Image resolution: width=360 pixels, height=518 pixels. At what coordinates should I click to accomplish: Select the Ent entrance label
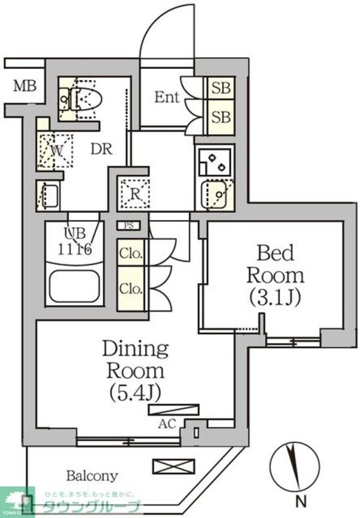tap(167, 97)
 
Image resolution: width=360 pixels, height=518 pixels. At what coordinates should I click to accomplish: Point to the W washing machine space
tap(56, 150)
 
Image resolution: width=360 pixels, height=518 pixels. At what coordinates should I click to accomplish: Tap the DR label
tap(101, 149)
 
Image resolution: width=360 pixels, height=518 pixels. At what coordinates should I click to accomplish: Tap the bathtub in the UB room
tap(74, 287)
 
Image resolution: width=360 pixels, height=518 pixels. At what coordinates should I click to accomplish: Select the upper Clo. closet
tap(131, 253)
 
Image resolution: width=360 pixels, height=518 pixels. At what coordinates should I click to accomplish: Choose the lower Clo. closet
tap(131, 288)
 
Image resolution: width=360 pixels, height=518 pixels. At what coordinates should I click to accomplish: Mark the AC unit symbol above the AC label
tap(173, 410)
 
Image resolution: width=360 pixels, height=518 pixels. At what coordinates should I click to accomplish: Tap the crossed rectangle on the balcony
tap(173, 465)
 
